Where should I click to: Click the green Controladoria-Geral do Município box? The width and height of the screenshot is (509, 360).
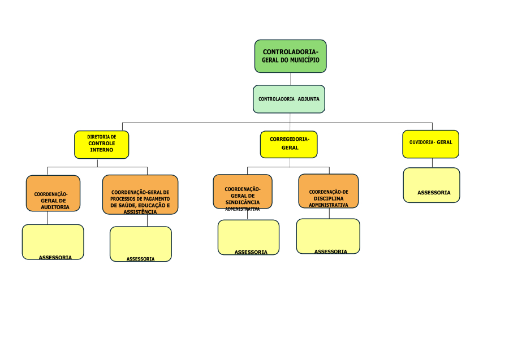pyautogui.click(x=290, y=56)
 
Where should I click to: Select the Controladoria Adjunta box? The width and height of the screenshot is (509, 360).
pyautogui.click(x=288, y=99)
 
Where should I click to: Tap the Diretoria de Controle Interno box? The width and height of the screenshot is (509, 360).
pyautogui.click(x=101, y=144)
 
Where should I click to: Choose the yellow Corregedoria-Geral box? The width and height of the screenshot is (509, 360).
pyautogui.click(x=288, y=144)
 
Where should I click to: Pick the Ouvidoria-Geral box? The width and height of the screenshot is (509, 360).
pyautogui.click(x=430, y=144)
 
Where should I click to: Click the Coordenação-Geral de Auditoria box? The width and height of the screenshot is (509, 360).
pyautogui.click(x=53, y=193)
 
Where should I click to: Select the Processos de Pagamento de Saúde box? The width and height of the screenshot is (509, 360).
pyautogui.click(x=140, y=194)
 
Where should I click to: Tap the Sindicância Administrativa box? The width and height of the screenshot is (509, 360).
pyautogui.click(x=242, y=192)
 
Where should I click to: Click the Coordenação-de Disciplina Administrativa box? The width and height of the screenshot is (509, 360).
pyautogui.click(x=328, y=191)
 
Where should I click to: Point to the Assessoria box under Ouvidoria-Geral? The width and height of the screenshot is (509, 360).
pyautogui.click(x=432, y=185)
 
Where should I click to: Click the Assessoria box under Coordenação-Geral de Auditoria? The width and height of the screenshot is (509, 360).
pyautogui.click(x=53, y=242)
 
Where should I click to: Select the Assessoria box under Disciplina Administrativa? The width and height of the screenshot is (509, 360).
pyautogui.click(x=328, y=236)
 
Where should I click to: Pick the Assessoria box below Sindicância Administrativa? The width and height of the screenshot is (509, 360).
pyautogui.click(x=248, y=237)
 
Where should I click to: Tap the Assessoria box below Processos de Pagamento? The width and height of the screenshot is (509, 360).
pyautogui.click(x=140, y=244)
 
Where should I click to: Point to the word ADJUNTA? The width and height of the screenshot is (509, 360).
pyautogui.click(x=309, y=99)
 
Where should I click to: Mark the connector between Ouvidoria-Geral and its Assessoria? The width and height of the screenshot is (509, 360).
pyautogui.click(x=432, y=163)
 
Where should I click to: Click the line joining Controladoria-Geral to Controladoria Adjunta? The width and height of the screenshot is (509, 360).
pyautogui.click(x=291, y=79)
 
